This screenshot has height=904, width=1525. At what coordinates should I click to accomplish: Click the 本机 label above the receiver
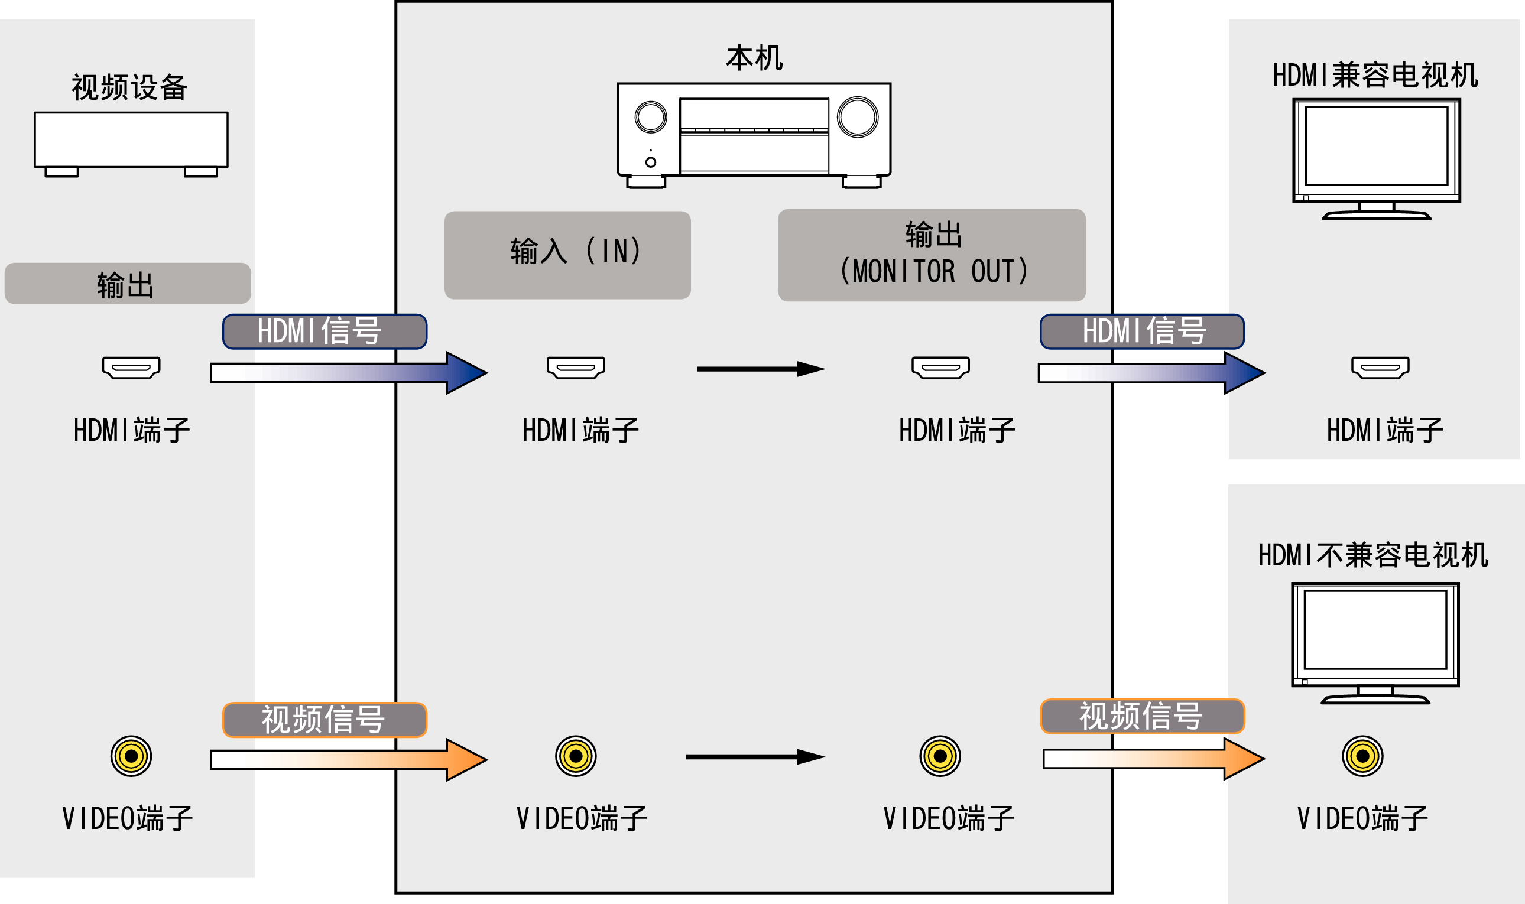(x=754, y=58)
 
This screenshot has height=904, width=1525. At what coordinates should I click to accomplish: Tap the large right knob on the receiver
(x=857, y=117)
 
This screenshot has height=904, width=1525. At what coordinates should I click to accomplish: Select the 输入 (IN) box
(x=567, y=255)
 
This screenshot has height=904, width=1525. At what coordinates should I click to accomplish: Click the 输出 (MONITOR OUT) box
(x=932, y=255)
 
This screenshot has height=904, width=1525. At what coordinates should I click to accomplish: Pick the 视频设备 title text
(x=129, y=87)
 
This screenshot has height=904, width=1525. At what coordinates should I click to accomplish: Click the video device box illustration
(x=131, y=140)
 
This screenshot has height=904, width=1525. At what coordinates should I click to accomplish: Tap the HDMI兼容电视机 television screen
(x=1376, y=145)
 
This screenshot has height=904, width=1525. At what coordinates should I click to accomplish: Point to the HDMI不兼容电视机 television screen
(x=1375, y=630)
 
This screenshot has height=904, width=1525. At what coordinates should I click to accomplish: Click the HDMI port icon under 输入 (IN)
(x=576, y=368)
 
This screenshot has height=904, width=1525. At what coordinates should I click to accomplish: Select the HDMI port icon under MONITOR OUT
(x=940, y=368)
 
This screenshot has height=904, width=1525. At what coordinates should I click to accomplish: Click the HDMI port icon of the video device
(x=131, y=368)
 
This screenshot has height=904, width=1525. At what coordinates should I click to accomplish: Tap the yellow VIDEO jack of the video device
(x=131, y=756)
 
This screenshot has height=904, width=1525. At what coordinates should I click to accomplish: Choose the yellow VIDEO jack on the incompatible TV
(x=1362, y=756)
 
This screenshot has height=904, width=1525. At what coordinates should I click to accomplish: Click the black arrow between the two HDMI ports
(x=760, y=369)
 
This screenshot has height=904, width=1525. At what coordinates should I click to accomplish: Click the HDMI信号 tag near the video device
(x=324, y=332)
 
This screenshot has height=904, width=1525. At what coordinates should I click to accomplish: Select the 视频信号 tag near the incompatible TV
(x=1142, y=716)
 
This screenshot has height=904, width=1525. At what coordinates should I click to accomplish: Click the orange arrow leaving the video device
(x=348, y=760)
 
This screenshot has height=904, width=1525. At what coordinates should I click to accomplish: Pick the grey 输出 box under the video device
(x=127, y=284)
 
